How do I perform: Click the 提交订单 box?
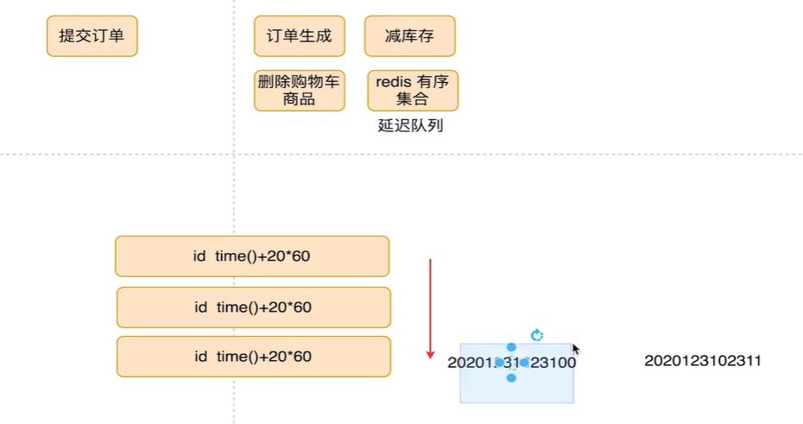click(x=92, y=36)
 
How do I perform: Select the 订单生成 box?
click(x=299, y=36)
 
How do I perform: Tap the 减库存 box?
click(x=409, y=36)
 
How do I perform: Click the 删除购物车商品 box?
click(x=299, y=91)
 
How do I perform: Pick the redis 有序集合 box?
click(x=413, y=91)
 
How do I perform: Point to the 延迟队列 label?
click(x=410, y=125)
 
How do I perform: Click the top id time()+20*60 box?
click(x=252, y=256)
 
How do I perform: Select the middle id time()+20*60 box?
click(x=253, y=307)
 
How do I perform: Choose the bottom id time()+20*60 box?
click(x=253, y=357)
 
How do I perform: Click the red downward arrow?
click(x=430, y=307)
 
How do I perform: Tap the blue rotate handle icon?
click(x=536, y=335)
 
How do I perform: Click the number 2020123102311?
click(x=703, y=361)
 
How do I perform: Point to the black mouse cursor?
click(x=575, y=349)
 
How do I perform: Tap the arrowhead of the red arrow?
click(x=430, y=353)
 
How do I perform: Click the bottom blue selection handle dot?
click(x=511, y=378)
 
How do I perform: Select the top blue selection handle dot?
click(x=511, y=347)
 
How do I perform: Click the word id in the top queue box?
click(x=200, y=256)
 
